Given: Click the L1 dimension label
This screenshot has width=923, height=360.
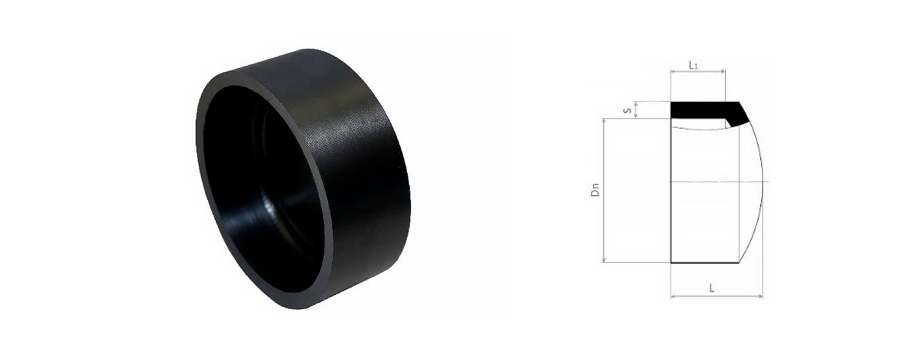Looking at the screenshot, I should pyautogui.click(x=693, y=65).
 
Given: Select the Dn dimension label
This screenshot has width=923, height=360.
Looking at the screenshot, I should pyautogui.click(x=595, y=190).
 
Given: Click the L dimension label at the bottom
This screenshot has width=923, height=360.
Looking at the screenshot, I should pyautogui.click(x=712, y=288).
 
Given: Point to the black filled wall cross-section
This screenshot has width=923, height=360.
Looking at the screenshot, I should pyautogui.click(x=699, y=109).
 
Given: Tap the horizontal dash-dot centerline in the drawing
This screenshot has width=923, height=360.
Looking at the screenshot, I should pyautogui.click(x=709, y=181).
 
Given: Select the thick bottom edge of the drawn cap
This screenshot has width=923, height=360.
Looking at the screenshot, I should pyautogui.click(x=704, y=262).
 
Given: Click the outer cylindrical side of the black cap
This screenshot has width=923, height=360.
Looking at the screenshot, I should pyautogui.click(x=359, y=165).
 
